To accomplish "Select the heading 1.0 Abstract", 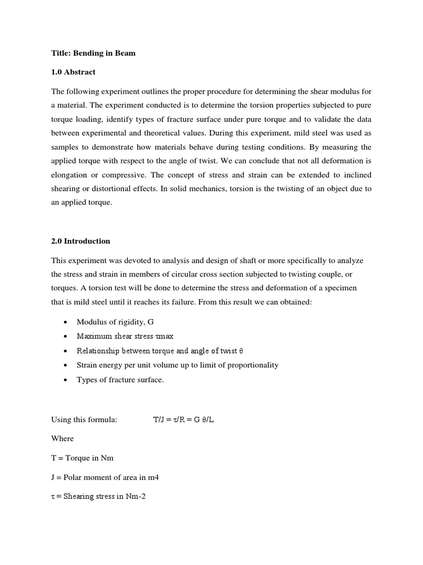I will click(x=73, y=72).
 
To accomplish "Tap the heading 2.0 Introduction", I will click(x=80, y=241).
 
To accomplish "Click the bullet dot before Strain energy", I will click(x=66, y=365).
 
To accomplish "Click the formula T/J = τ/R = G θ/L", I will click(x=183, y=420).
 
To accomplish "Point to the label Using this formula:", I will click(x=84, y=420).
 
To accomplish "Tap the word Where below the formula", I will click(x=62, y=439).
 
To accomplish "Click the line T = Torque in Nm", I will click(x=83, y=458).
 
